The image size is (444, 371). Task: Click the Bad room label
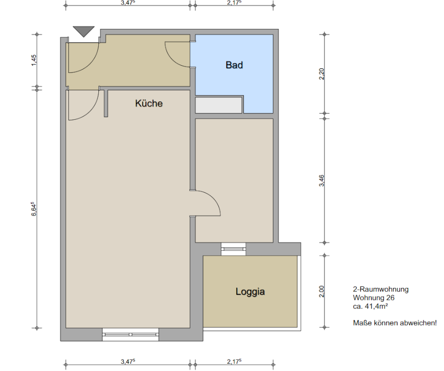click(x=234, y=65)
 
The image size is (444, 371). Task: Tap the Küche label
click(x=148, y=103)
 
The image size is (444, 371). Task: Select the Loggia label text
click(x=250, y=292)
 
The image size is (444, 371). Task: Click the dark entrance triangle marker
click(x=83, y=31)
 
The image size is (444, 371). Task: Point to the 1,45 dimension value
click(x=34, y=60)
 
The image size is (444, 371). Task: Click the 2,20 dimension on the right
click(x=322, y=74)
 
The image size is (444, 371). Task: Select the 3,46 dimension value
click(x=322, y=181)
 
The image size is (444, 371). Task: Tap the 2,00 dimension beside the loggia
click(x=322, y=291)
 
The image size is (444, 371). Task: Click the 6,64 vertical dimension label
click(x=34, y=209)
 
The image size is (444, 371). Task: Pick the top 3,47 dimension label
click(x=128, y=3)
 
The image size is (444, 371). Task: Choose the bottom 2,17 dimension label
click(x=234, y=361)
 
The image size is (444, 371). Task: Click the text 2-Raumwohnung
click(x=380, y=289)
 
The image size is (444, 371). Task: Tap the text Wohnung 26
click(x=374, y=298)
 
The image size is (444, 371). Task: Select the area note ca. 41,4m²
click(x=370, y=306)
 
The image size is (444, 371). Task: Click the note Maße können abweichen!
click(x=395, y=323)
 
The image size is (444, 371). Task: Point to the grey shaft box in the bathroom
click(x=219, y=105)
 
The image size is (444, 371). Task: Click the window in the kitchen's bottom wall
click(x=131, y=334)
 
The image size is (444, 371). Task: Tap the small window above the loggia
click(x=233, y=249)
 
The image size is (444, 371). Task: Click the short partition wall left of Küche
click(x=106, y=103)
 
